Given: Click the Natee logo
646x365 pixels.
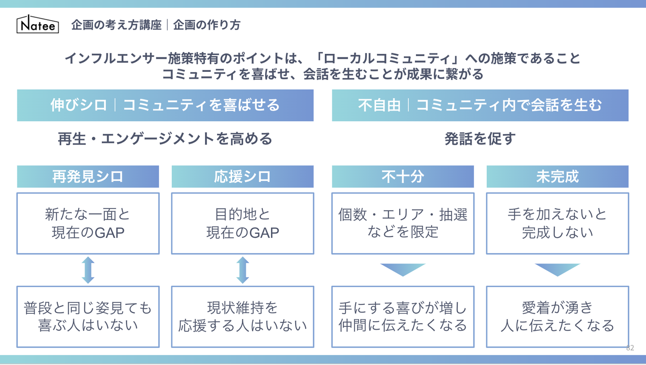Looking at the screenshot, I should [x=38, y=25].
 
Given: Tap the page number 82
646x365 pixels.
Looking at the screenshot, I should [x=630, y=348].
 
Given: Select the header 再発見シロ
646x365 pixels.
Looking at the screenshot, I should [x=88, y=176].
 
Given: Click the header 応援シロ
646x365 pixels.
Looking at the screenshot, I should [x=242, y=176].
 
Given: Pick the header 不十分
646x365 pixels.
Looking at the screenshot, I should [x=402, y=176].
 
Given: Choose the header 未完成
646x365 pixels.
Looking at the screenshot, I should [x=557, y=176].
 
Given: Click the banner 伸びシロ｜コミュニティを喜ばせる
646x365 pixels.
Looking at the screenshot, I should [x=165, y=105].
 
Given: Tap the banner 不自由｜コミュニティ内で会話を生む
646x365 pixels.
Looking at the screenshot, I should [x=480, y=105].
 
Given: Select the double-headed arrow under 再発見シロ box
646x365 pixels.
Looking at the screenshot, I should [x=88, y=270].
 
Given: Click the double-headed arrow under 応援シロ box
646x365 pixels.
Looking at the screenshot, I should [x=242, y=270].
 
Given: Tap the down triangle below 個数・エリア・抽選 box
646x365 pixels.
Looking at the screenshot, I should [x=402, y=269].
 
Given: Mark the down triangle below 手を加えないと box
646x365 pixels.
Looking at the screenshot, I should [x=557, y=269].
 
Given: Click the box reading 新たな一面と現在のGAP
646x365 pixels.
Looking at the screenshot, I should [x=88, y=224].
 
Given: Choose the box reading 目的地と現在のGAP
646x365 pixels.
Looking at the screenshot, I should [x=242, y=224].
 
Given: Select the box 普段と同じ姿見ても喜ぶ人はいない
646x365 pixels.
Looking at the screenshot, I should [x=88, y=317].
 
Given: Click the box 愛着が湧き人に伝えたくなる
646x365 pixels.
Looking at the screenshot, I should [x=557, y=317].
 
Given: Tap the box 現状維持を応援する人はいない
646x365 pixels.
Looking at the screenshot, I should [x=242, y=317].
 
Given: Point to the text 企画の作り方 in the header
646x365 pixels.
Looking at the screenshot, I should [x=207, y=25].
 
